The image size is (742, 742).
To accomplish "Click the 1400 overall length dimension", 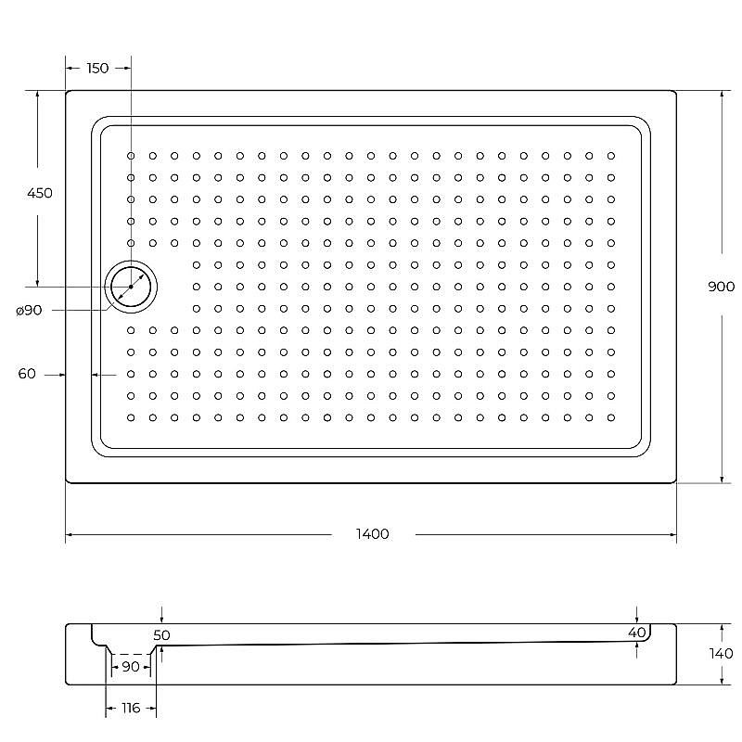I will coord(371,534).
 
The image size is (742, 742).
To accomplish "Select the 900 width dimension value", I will coord(721,287).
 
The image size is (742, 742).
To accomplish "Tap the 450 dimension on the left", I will coord(40,194).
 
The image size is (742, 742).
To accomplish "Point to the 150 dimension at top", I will coord(96,68).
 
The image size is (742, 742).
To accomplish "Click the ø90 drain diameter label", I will coord(29,310).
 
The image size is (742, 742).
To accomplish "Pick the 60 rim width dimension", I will coord(27,374).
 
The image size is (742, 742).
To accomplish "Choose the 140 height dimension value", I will coord(721,653).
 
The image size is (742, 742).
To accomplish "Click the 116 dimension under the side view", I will coord(131,709).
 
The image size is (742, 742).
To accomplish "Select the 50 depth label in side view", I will coord(162,635).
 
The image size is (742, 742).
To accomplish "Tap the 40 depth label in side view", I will coord(636,633).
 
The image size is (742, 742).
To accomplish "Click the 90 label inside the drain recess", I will coord(131,667).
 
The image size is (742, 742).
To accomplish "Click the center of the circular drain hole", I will coord(131,287).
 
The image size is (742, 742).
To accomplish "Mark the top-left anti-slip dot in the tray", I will coord(131,156).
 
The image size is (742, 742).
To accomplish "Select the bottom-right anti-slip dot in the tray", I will coord(611,417).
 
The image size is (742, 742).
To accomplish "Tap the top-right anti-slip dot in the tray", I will coord(611,156).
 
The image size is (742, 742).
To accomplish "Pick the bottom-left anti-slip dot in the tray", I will coord(131,417).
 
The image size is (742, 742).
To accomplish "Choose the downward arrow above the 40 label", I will coord(636,619).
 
